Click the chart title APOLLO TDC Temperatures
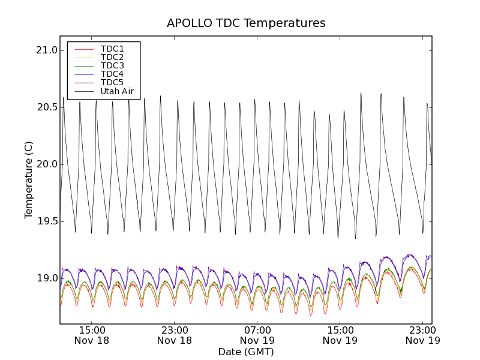coord(246,23)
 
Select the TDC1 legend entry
coord(112,49)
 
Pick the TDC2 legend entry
coord(112,57)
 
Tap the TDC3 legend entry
coord(112,65)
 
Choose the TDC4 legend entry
coord(112,74)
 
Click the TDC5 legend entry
coord(112,82)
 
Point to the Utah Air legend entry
coord(117,92)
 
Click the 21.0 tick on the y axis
coord(46,50)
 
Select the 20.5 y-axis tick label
coord(46,107)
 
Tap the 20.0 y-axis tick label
coord(46,164)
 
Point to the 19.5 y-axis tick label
coord(46,221)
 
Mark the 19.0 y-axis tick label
coord(46,278)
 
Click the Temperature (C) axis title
coord(29,180)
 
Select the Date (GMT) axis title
coord(246,352)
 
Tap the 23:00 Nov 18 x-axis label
coord(175,335)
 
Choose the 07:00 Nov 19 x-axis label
coord(257,335)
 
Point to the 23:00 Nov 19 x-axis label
coord(422,335)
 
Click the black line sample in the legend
coord(84,92)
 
